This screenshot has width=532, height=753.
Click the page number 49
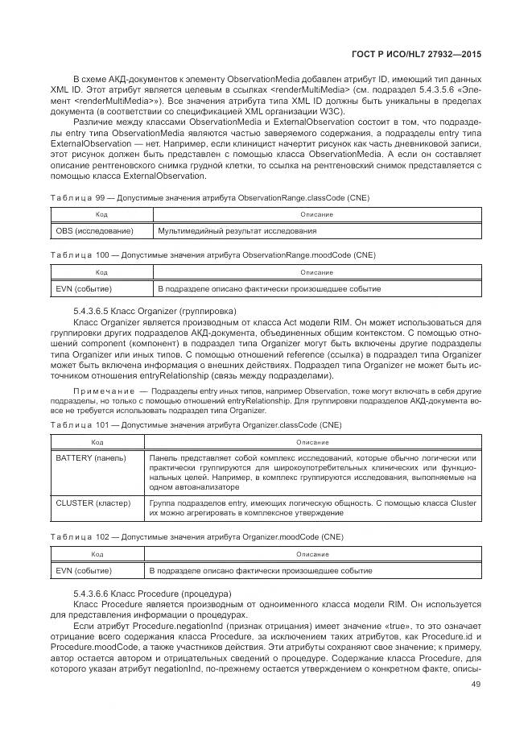tap(476, 685)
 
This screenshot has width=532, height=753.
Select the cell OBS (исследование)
tap(93, 231)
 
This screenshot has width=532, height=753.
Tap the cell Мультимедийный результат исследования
tap(237, 231)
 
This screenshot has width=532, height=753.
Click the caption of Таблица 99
tap(210, 198)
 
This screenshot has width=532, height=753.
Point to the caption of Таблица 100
tap(212, 255)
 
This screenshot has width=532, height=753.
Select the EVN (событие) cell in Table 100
tap(85, 288)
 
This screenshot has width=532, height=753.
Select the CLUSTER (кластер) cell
tap(93, 503)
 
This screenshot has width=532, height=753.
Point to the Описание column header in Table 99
tap(316, 215)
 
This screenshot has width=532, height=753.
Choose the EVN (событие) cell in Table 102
tap(85, 570)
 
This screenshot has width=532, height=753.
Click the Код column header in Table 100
tap(101, 272)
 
